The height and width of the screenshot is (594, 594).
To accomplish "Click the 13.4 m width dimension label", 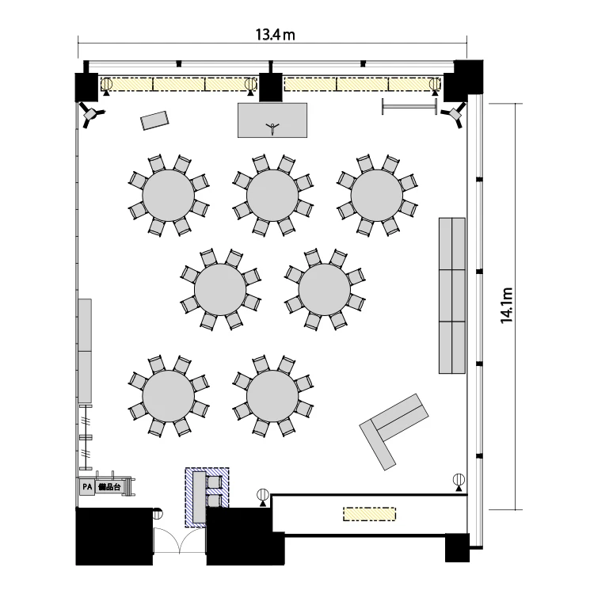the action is (x=275, y=35).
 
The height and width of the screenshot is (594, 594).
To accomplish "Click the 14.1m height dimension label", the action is (x=507, y=306).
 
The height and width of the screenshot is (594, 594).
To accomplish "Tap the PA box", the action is (x=87, y=487).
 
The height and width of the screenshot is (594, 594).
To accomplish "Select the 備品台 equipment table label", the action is (x=109, y=487).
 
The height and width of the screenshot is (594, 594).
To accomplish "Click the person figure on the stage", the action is (x=272, y=128).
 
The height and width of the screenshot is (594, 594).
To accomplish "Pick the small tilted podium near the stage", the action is (x=154, y=120).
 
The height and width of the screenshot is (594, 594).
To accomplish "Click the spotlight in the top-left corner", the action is (x=91, y=114).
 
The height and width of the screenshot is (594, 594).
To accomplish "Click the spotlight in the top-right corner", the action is (x=454, y=114).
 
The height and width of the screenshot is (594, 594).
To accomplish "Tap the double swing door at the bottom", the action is (x=179, y=541).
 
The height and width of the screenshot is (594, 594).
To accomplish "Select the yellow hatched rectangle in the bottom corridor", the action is (x=369, y=514).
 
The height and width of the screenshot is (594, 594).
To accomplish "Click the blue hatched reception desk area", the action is (x=207, y=497).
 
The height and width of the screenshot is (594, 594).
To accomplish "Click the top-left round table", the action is (x=169, y=195).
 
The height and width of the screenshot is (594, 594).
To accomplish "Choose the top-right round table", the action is (x=377, y=195).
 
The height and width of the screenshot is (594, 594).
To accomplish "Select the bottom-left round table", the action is (x=169, y=396).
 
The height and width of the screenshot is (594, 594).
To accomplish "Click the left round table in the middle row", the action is (x=220, y=289).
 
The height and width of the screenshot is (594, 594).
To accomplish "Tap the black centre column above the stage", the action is (x=271, y=87).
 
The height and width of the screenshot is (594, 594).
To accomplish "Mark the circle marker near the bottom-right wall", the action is (x=459, y=480).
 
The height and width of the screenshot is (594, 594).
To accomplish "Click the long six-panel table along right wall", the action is (x=452, y=295).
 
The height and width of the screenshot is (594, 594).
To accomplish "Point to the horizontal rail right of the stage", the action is (x=409, y=106).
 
